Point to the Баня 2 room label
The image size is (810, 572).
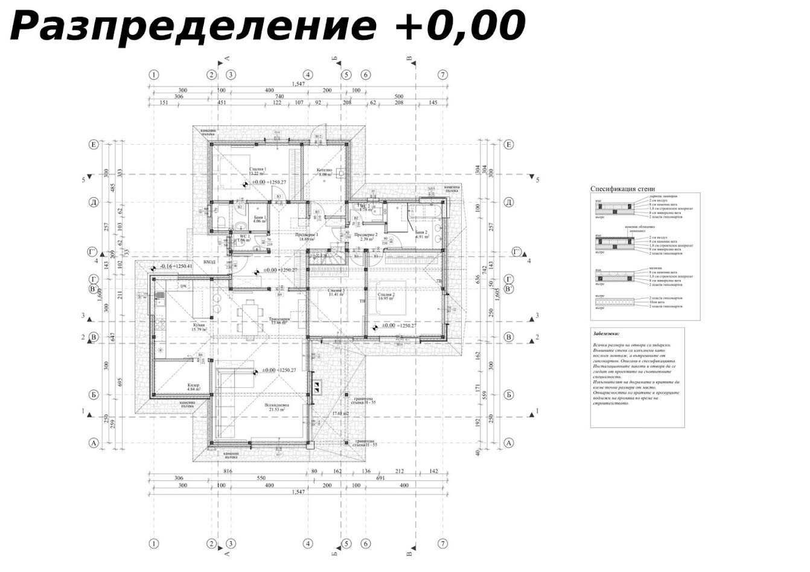(421, 233)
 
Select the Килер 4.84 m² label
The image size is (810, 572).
(193, 387)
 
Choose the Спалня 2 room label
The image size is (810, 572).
(386, 295)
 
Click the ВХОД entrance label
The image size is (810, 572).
(209, 262)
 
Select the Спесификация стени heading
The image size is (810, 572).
(622, 189)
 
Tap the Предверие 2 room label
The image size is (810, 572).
(366, 235)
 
